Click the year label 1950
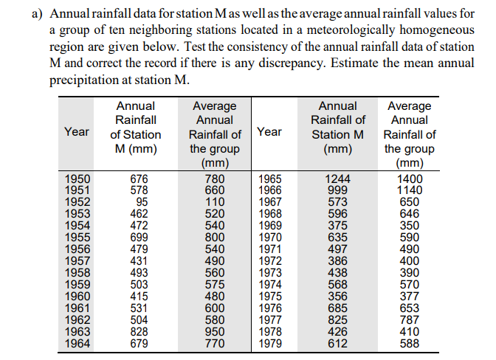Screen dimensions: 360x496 tap(77, 179)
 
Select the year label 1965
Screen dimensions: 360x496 tap(269, 179)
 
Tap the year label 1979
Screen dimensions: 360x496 tap(269, 343)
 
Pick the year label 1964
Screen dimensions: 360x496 tap(77, 343)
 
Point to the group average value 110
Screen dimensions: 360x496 tap(213, 202)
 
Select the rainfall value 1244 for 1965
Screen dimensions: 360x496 tap(338, 179)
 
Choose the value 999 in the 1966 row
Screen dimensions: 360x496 tap(338, 190)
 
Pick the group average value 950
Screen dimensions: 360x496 tap(213, 331)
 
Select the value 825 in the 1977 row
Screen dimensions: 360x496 tap(338, 319)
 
